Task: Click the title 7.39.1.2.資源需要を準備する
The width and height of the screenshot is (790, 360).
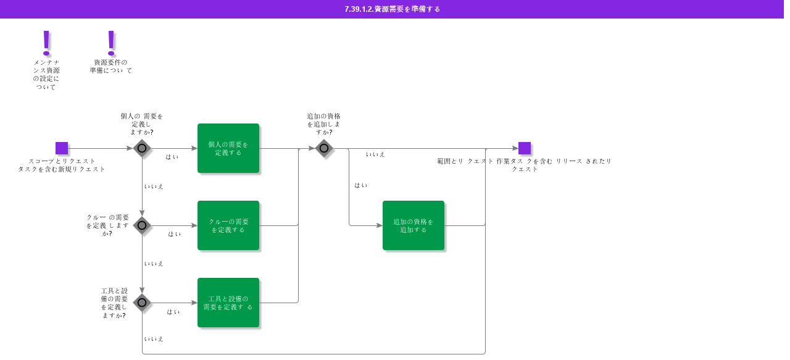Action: pyautogui.click(x=392, y=9)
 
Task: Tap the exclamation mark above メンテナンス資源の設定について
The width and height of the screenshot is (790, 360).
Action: pyautogui.click(x=46, y=43)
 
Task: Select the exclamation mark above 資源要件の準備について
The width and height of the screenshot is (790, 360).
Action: pyautogui.click(x=111, y=43)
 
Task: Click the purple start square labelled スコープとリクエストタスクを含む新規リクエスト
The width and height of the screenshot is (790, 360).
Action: pyautogui.click(x=62, y=148)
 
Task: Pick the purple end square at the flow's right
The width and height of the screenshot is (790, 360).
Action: pyautogui.click(x=525, y=148)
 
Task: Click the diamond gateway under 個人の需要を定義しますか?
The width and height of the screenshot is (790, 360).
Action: pyautogui.click(x=142, y=148)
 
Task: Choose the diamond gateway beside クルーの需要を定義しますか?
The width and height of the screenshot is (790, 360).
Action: pyautogui.click(x=142, y=225)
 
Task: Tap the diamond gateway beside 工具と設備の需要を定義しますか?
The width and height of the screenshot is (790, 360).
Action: pyautogui.click(x=142, y=303)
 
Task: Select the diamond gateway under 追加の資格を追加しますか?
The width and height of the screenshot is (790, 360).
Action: pyautogui.click(x=324, y=148)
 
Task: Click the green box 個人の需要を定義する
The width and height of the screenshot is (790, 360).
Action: pyautogui.click(x=228, y=148)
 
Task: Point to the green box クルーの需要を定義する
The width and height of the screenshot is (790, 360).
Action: pyautogui.click(x=228, y=225)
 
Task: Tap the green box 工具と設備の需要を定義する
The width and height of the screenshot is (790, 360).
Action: pyautogui.click(x=228, y=303)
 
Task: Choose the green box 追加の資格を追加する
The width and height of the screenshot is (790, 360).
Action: pyautogui.click(x=414, y=225)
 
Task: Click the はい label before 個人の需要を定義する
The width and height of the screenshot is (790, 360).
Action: pyautogui.click(x=172, y=157)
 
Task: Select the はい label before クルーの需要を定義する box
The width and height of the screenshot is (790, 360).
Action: pyautogui.click(x=174, y=235)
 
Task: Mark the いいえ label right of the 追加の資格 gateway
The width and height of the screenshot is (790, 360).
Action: pyautogui.click(x=375, y=154)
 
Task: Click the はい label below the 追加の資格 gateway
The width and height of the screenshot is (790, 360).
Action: pyautogui.click(x=361, y=185)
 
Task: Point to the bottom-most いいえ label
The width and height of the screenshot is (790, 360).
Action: pyautogui.click(x=154, y=339)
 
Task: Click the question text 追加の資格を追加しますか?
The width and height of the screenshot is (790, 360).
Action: pyautogui.click(x=324, y=124)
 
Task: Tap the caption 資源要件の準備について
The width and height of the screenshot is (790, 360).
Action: pyautogui.click(x=110, y=66)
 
